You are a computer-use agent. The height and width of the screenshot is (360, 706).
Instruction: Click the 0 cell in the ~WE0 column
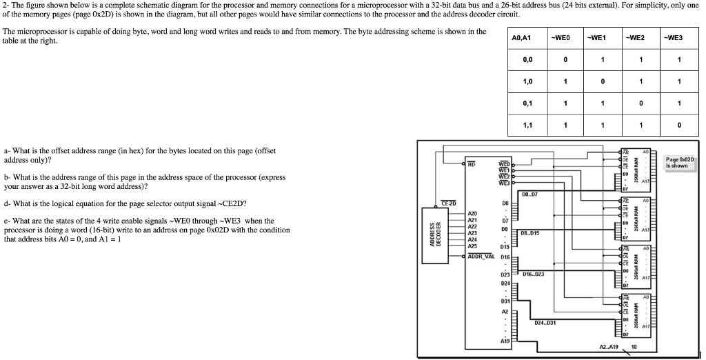pyautogui.click(x=565, y=59)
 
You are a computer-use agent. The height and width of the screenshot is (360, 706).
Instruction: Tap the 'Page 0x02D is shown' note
pyautogui.click(x=680, y=163)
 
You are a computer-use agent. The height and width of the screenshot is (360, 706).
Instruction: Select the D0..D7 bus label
pyautogui.click(x=532, y=194)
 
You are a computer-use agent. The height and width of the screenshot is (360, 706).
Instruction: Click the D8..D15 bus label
pyautogui.click(x=530, y=233)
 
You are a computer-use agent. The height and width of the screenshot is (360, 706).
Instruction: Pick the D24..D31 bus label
pyautogui.click(x=545, y=322)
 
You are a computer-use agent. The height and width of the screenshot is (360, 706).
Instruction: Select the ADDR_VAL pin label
pyautogui.click(x=481, y=255)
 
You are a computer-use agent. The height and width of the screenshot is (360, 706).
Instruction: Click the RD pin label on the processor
pyautogui.click(x=472, y=165)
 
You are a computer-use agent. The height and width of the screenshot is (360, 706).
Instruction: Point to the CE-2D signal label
pyautogui.click(x=449, y=203)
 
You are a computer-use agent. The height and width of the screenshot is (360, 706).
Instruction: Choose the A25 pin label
pyautogui.click(x=472, y=246)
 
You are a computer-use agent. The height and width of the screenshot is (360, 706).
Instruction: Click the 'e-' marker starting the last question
pyautogui.click(x=6, y=221)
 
